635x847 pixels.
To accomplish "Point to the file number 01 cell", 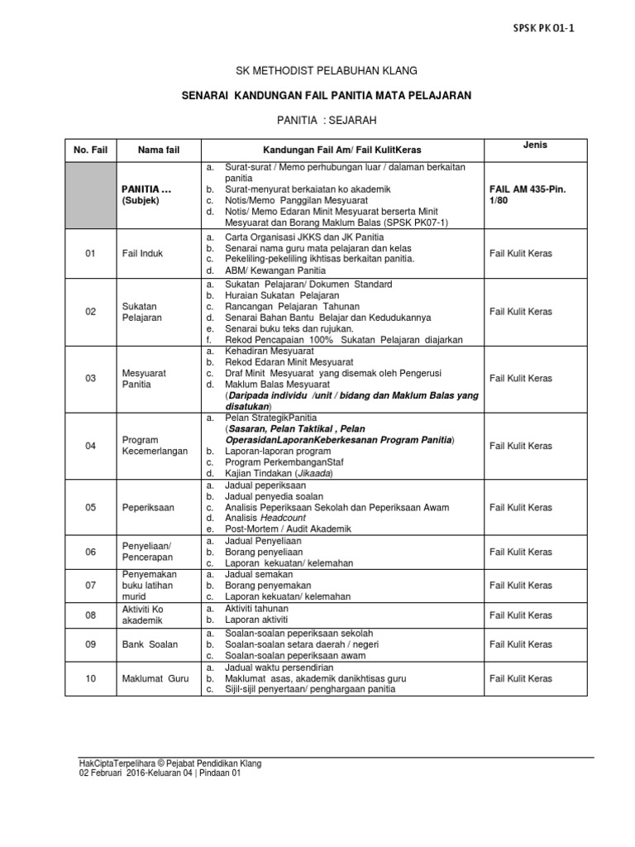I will click(x=91, y=254).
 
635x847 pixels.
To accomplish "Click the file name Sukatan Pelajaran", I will click(x=141, y=311).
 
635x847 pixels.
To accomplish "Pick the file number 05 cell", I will click(x=91, y=507).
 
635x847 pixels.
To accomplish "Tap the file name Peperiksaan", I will click(x=148, y=507).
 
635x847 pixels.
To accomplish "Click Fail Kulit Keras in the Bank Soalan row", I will click(x=521, y=644).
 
